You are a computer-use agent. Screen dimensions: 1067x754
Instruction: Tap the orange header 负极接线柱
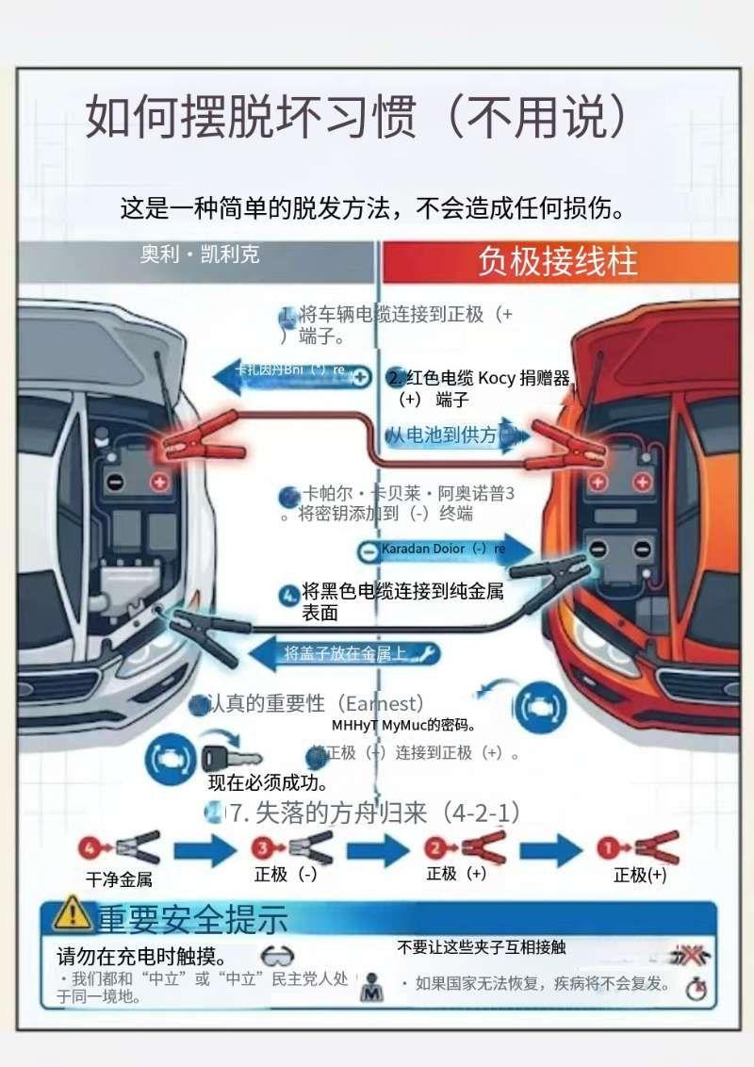click(x=557, y=262)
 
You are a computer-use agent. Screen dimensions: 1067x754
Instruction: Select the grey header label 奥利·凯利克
click(x=200, y=254)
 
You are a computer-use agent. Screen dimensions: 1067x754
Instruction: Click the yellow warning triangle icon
click(x=72, y=913)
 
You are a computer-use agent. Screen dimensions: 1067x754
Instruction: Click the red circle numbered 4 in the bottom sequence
click(x=89, y=846)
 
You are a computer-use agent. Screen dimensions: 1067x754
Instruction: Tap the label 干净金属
click(x=119, y=879)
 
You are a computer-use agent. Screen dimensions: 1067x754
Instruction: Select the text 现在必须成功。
click(x=268, y=782)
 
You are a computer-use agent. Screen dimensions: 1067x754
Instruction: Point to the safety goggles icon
click(x=278, y=956)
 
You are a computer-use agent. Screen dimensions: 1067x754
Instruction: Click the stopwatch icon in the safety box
click(x=697, y=990)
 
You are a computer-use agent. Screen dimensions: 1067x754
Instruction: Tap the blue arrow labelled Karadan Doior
click(x=443, y=549)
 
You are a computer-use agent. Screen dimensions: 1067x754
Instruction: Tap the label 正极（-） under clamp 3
click(x=286, y=874)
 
